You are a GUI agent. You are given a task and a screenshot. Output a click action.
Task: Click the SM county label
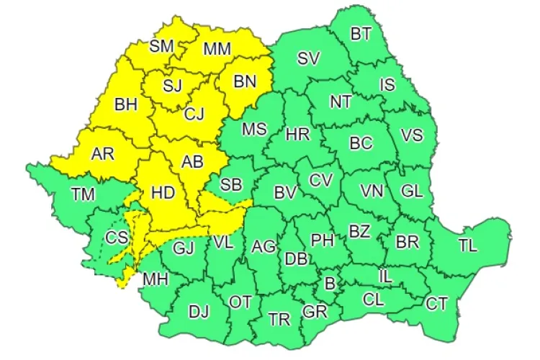click(162, 46)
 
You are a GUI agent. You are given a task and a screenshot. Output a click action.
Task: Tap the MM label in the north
click(217, 49)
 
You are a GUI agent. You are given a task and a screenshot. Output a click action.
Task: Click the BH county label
click(126, 104)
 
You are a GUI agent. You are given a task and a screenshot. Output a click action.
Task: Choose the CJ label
click(194, 114)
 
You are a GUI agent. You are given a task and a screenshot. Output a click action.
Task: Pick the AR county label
click(104, 153)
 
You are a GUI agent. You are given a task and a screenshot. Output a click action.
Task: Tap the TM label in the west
click(84, 193)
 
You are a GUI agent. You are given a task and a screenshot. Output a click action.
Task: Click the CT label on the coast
click(436, 303)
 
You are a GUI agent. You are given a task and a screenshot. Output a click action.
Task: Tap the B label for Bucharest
click(330, 284)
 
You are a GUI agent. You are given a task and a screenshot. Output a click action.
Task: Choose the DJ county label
click(198, 312)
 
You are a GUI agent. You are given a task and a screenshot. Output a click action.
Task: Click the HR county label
click(297, 135)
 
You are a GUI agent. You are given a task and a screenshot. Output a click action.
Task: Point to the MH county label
click(153, 278)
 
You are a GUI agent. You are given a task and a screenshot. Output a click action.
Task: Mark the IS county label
click(387, 84)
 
